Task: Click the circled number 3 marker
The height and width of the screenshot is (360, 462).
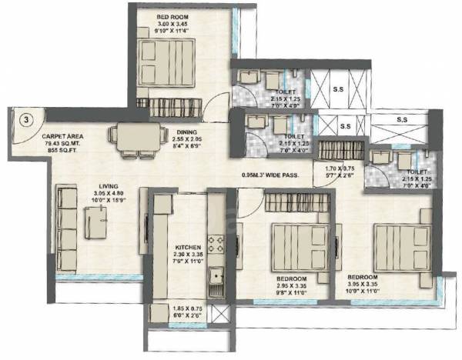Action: (x=25, y=119)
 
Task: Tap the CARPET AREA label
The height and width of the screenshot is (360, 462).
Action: (x=63, y=136)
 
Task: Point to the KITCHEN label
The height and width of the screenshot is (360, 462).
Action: (x=188, y=248)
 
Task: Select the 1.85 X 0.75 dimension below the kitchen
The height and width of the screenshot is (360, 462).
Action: (x=189, y=310)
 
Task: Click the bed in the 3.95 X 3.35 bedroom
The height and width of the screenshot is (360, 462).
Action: (x=400, y=244)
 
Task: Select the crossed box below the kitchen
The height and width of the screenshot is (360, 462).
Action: (x=219, y=314)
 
